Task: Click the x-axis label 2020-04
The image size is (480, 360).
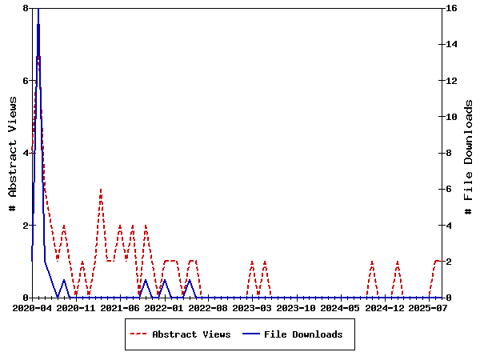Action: (x=32, y=307)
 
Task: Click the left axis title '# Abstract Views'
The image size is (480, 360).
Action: (x=12, y=153)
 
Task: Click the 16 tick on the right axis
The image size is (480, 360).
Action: (x=450, y=8)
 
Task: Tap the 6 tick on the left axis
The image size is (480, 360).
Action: (x=25, y=81)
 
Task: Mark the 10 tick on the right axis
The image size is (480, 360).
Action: (x=450, y=117)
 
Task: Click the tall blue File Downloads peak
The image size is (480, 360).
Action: (x=38, y=10)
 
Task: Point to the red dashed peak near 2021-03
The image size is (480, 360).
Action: (x=101, y=190)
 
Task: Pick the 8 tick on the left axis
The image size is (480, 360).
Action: (x=25, y=8)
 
